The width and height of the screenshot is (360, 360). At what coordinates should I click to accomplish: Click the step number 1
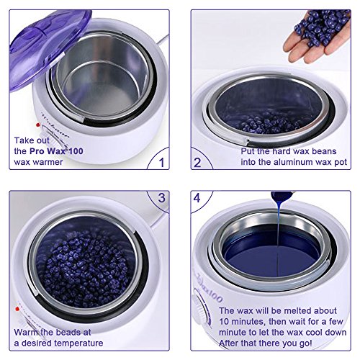[x=162, y=162]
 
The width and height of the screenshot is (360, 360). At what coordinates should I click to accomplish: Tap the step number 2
[x=197, y=163]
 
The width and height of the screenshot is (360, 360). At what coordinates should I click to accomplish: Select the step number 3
[x=162, y=198]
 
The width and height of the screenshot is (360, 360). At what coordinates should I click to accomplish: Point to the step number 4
[x=197, y=198]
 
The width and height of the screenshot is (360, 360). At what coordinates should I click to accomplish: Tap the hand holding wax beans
[x=317, y=36]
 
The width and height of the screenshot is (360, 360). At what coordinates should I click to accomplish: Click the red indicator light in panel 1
[x=37, y=125]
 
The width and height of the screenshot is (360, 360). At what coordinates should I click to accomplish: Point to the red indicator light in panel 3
[x=17, y=309]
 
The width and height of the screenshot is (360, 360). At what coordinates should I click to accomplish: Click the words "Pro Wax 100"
[x=56, y=151]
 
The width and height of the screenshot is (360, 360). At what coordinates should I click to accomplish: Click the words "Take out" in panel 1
[x=32, y=140]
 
